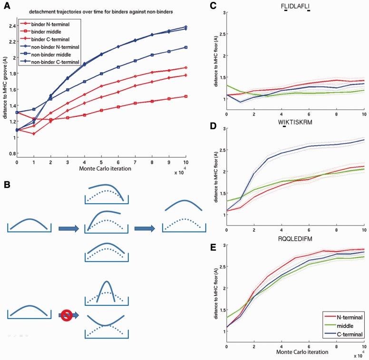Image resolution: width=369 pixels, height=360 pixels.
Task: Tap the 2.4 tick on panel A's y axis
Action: tap(11, 26)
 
